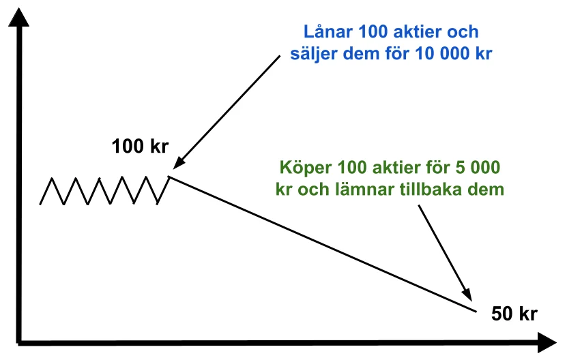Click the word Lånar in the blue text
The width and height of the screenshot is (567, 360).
(328, 31)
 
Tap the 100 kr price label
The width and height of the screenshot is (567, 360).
(140, 147)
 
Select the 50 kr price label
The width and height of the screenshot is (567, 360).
(514, 314)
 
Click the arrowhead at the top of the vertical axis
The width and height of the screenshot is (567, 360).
(18, 17)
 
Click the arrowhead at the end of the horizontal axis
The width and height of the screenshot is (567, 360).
(547, 342)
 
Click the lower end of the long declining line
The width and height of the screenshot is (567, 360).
(477, 311)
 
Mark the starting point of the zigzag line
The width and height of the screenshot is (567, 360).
(40, 205)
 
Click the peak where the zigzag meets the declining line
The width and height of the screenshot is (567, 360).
(169, 177)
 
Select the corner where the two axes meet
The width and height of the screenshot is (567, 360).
(19, 342)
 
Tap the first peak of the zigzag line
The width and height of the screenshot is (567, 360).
(52, 178)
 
